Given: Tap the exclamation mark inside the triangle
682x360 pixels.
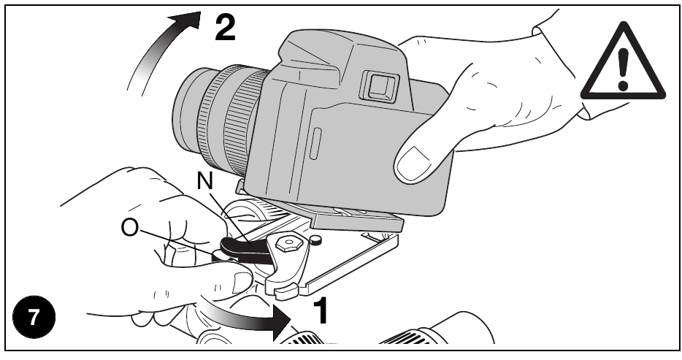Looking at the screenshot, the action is pos(623,69).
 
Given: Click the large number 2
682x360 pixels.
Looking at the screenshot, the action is pos(226,28).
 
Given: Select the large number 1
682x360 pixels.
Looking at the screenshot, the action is pos(321,311).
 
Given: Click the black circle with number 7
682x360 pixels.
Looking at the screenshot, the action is pos(34,318).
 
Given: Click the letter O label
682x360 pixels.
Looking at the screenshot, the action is pos(130,227).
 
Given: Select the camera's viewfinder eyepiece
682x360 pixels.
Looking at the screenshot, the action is pos(379,86).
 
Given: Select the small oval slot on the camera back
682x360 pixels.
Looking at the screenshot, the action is pos(315,143).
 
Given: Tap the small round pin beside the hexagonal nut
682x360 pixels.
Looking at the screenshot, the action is pos(315,239).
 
